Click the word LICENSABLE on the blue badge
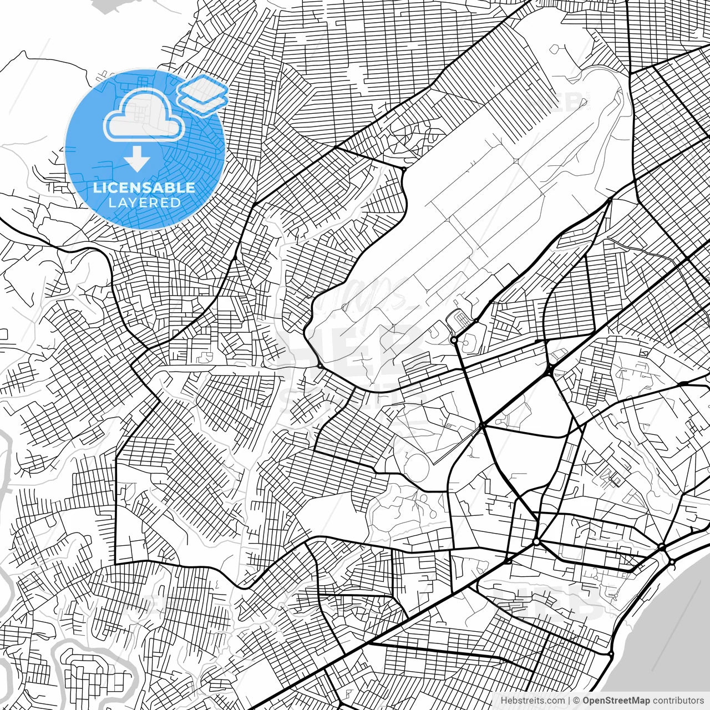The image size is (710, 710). pos(144,187)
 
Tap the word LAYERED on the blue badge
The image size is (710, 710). pos(144,202)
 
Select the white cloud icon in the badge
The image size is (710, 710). pos(144,115)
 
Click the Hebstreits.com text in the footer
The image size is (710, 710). pos(532,701)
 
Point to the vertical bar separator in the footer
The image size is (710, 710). pos(569,701)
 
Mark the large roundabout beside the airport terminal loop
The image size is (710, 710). pos(454,339)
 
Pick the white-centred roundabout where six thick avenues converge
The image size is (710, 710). pos(536,541)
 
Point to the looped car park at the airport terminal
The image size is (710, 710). pos(458,320)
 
